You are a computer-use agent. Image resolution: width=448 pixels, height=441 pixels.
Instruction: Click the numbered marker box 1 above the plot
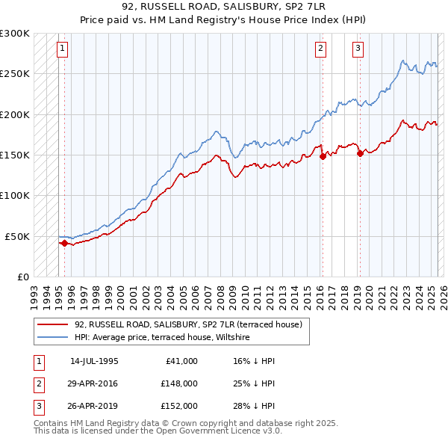click(62, 49)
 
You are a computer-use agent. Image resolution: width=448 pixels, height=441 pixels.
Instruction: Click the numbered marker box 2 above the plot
click(320, 49)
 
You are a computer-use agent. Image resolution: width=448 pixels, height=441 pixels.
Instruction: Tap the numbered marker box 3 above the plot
click(358, 49)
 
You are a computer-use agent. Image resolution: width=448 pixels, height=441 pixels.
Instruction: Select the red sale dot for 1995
click(64, 243)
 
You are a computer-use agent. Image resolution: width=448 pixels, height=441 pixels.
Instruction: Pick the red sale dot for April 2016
click(323, 156)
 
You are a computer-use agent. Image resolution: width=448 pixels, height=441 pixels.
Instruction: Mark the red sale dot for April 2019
click(360, 153)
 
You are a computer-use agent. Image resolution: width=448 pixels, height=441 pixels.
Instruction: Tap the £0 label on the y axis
click(22, 277)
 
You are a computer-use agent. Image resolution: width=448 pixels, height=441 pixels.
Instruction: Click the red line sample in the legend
click(52, 324)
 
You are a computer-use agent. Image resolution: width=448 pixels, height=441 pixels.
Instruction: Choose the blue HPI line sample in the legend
click(52, 338)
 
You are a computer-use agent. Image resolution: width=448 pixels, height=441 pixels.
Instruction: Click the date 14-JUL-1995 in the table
click(94, 361)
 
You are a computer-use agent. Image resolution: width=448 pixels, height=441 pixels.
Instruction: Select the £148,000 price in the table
click(178, 383)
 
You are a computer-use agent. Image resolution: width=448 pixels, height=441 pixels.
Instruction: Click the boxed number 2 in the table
click(39, 383)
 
